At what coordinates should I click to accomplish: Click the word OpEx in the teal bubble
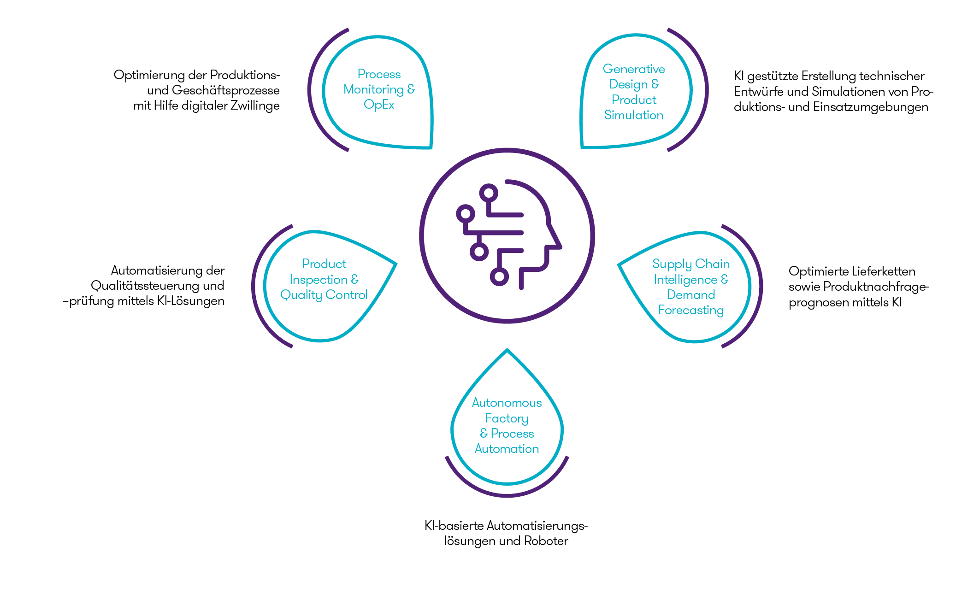click(x=379, y=105)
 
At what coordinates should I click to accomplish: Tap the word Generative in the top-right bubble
click(x=633, y=69)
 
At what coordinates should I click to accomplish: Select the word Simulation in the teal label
click(x=633, y=115)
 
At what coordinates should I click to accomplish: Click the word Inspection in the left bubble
click(x=318, y=280)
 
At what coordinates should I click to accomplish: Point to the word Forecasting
click(x=691, y=310)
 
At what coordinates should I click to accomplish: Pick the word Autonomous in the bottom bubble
click(x=507, y=403)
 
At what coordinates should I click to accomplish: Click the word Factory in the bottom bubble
click(x=507, y=418)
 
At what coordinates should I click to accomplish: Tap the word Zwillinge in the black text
click(x=255, y=106)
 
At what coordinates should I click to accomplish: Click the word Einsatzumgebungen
click(x=870, y=107)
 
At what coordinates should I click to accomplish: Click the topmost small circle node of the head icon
click(x=489, y=193)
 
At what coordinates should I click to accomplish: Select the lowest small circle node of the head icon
click(x=499, y=276)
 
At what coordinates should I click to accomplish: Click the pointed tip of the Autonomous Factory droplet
click(x=507, y=350)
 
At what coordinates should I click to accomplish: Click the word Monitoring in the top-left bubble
click(x=373, y=89)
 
